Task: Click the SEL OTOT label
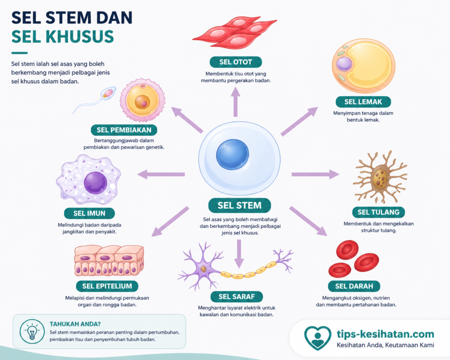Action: (x=236, y=62)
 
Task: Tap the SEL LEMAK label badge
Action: (x=363, y=102)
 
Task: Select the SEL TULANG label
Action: (x=378, y=212)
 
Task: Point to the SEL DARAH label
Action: (x=354, y=286)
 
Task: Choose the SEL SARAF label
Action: (x=236, y=297)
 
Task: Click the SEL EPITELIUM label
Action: (x=107, y=286)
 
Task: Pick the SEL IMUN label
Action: (x=89, y=213)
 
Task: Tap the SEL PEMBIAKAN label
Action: (x=124, y=130)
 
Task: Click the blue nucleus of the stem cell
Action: (x=232, y=154)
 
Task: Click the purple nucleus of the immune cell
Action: (x=95, y=183)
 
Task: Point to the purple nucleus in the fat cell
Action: (x=344, y=64)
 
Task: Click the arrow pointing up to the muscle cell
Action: (x=236, y=102)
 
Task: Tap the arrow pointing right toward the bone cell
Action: (x=315, y=174)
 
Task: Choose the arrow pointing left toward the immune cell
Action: (x=161, y=174)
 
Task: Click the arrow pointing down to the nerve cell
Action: (x=239, y=254)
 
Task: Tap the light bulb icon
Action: (x=32, y=331)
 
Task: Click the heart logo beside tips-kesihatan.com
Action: (x=317, y=338)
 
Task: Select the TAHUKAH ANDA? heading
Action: (x=75, y=324)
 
